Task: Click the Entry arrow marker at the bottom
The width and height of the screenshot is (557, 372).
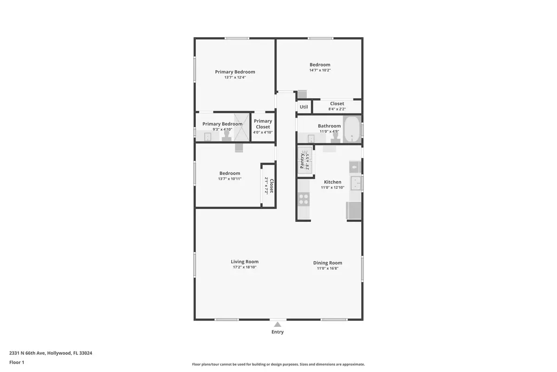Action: [x=278, y=324]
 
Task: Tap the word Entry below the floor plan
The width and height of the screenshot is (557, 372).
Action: [x=278, y=332]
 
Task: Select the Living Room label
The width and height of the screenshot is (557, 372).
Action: [x=245, y=262]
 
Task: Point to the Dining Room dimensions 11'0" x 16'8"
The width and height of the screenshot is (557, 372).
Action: [x=327, y=268]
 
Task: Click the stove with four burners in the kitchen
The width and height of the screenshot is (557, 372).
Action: [x=304, y=199]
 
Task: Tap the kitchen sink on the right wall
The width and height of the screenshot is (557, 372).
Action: [x=356, y=183]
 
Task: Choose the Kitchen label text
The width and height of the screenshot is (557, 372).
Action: [x=332, y=182]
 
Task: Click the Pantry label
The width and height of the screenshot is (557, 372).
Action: [x=302, y=160]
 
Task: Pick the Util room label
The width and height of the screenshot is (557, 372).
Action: [x=304, y=107]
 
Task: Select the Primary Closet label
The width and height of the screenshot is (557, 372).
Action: [x=263, y=124]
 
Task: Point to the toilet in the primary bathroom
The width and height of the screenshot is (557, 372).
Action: [x=227, y=135]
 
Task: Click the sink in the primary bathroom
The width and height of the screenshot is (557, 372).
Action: [x=207, y=137]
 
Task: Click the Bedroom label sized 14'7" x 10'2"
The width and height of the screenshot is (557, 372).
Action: [x=320, y=65]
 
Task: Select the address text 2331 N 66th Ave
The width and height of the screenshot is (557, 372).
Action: [x=27, y=353]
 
